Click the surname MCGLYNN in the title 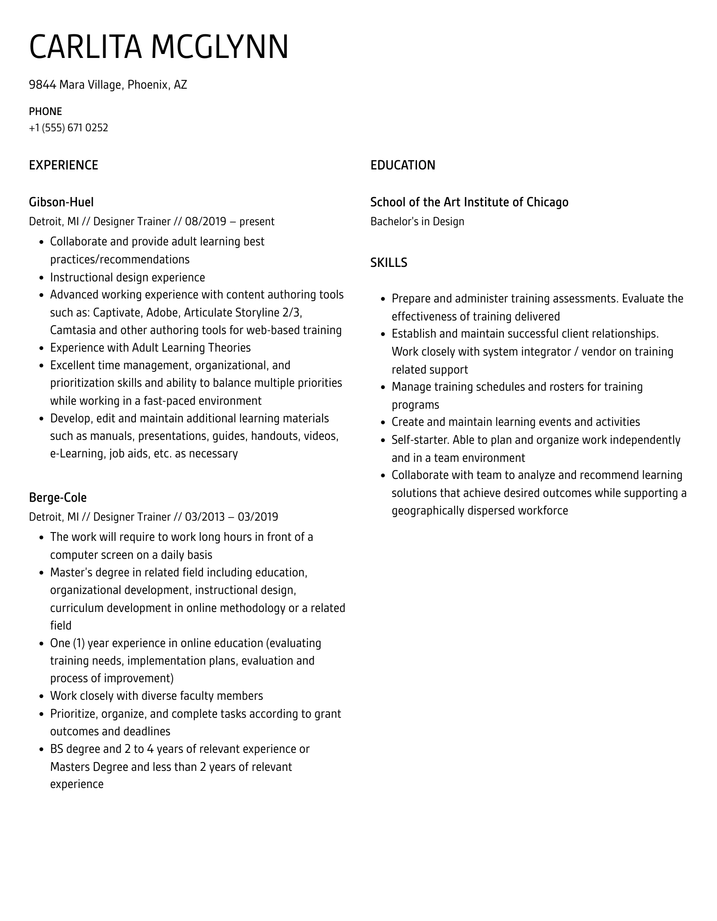click(220, 47)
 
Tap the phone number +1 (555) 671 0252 click(69, 128)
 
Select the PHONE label click(45, 111)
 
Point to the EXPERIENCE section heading click(63, 165)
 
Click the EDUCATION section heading click(402, 165)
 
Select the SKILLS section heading click(388, 263)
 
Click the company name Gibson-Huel click(61, 202)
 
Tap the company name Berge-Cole click(58, 497)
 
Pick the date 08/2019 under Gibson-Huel click(205, 221)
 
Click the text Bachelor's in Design click(417, 221)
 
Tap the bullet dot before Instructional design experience click(42, 278)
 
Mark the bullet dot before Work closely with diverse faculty click(42, 696)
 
